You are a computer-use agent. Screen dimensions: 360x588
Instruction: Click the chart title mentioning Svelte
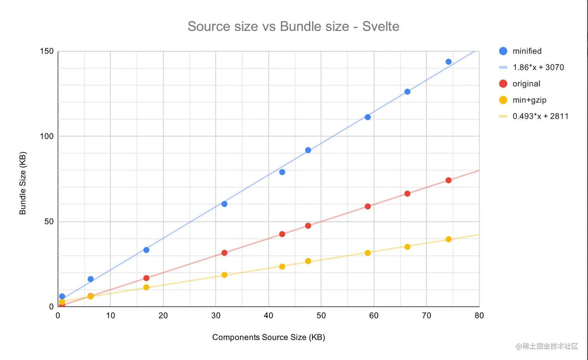[293, 26]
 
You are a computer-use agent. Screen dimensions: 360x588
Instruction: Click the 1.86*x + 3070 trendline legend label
[538, 67]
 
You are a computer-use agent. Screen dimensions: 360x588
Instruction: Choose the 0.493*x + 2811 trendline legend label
[540, 116]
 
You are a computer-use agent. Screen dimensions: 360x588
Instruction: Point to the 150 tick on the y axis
[47, 51]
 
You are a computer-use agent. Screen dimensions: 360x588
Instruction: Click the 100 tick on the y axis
[47, 136]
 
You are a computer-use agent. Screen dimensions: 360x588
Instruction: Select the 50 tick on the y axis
[49, 222]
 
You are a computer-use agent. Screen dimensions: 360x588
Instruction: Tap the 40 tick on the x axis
[268, 316]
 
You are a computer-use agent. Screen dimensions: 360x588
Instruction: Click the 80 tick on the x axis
[479, 316]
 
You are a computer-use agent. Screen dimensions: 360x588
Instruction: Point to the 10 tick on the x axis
[110, 316]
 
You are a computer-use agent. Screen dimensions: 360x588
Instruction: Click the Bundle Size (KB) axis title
[23, 183]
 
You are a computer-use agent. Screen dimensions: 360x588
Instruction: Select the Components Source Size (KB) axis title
[268, 337]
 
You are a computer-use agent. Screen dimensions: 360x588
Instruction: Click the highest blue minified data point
[448, 62]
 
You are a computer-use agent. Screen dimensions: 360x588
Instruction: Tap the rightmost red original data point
[448, 180]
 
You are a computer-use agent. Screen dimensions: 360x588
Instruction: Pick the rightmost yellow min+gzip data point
[448, 239]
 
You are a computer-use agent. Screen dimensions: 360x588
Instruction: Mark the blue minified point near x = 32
[224, 204]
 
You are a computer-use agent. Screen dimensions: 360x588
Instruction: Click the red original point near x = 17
[146, 278]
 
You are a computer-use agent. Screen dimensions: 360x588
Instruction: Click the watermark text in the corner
[547, 346]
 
